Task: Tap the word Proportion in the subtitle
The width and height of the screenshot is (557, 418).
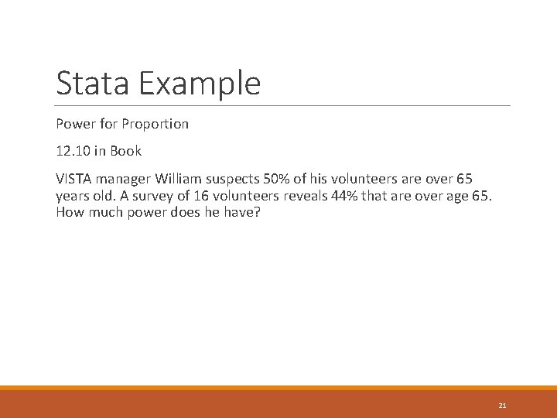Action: [155, 124]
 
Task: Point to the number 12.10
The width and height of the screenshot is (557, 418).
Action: [73, 151]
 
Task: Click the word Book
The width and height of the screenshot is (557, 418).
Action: [126, 151]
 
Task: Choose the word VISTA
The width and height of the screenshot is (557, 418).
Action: [73, 179]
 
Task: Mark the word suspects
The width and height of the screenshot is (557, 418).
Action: [235, 179]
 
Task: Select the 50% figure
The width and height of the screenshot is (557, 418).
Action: [280, 179]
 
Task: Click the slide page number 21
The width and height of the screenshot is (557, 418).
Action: [502, 405]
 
